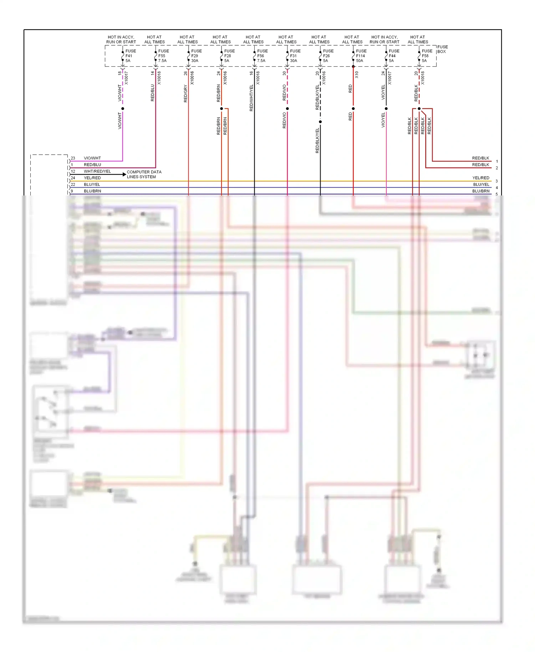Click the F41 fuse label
point(129,56)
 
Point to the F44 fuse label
point(392,56)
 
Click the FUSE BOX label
point(442,49)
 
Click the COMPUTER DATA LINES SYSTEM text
point(144,174)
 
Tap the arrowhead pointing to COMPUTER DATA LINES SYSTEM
point(124,174)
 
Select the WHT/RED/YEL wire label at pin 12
point(97,172)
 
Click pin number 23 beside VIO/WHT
point(73,158)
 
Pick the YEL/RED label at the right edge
point(480,178)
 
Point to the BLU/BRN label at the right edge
point(480,191)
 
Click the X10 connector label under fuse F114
point(357,75)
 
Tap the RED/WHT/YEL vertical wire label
point(251,98)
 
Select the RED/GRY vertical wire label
point(185,93)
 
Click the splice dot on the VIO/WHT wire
point(123,108)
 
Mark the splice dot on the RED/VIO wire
point(287,108)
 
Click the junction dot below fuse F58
point(419,108)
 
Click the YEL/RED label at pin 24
point(92,178)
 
